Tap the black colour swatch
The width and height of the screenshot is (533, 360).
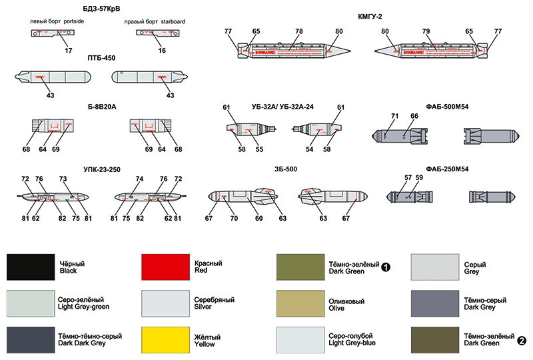coord(29,267)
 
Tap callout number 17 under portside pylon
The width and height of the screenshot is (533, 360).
coord(69,51)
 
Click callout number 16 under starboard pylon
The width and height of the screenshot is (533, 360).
coord(163,51)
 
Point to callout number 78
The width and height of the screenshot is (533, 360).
coord(299,31)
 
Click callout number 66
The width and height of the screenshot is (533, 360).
coord(414,117)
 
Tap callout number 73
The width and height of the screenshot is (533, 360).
coord(63,179)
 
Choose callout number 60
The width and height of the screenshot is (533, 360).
coord(259,217)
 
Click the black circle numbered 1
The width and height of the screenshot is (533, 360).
coord(385,267)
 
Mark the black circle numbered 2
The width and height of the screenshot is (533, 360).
coord(521,341)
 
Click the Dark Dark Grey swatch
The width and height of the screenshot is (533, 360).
coord(29,340)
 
